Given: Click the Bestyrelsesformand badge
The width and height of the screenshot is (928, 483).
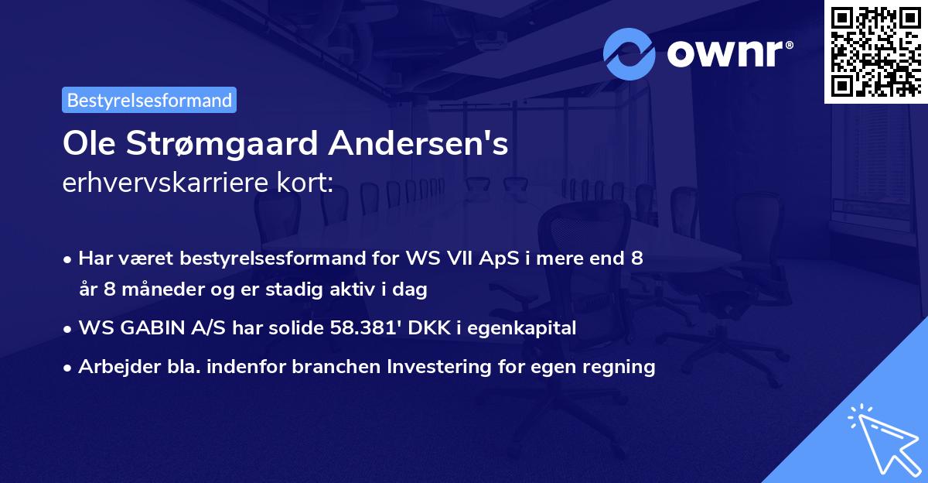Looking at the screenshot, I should [x=148, y=100].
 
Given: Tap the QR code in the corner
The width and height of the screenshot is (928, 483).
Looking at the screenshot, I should [x=875, y=51].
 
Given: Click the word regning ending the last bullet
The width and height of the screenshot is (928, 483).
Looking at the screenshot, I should [x=623, y=367].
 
